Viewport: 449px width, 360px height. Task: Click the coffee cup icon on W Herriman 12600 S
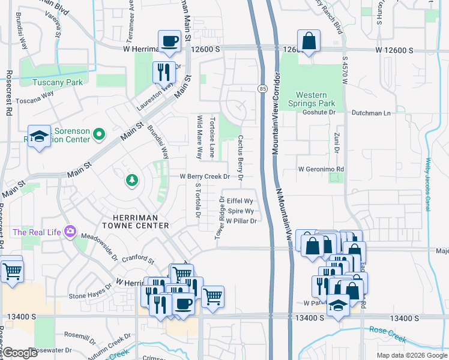(169, 41)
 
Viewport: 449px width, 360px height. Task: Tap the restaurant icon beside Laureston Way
(163, 73)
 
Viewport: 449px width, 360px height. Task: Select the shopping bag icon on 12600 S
(309, 41)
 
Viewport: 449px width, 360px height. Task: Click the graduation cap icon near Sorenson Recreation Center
(39, 137)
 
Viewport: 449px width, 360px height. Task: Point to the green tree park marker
(131, 179)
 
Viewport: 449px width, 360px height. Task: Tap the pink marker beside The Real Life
(71, 232)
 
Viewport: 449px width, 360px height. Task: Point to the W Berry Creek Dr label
(205, 176)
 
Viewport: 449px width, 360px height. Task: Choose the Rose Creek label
(387, 330)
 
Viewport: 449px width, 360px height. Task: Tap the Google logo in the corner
(20, 352)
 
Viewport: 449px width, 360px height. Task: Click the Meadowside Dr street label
(99, 247)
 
